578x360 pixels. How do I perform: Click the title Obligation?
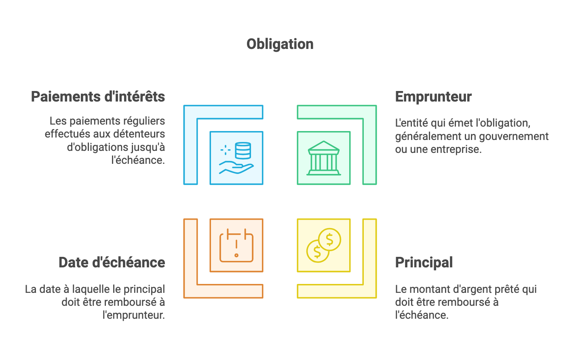(280, 44)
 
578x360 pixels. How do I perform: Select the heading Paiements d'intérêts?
(98, 97)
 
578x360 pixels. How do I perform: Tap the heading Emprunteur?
(433, 97)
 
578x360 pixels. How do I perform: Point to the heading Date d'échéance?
(112, 263)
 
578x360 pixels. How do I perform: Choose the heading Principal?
(424, 263)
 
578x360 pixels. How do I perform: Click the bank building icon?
(324, 158)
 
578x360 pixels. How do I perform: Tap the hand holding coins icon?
(236, 158)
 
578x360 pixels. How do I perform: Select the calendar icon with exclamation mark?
(236, 246)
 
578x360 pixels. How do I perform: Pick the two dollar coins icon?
(324, 246)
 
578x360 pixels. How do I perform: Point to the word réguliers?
(144, 121)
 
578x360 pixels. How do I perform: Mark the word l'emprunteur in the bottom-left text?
(134, 315)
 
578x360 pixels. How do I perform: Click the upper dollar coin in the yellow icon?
(329, 239)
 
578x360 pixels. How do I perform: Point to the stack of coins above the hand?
(243, 150)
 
